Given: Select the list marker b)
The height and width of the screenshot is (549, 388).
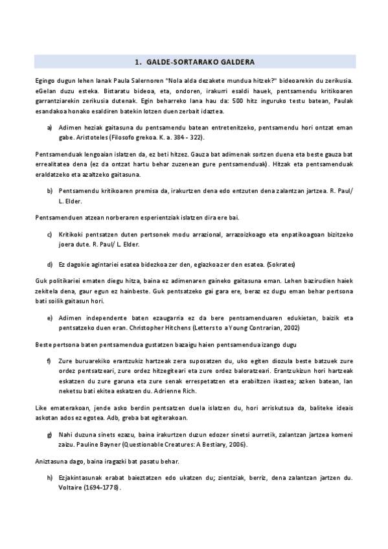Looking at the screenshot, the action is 50,191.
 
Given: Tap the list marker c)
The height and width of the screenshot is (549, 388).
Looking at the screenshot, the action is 50,232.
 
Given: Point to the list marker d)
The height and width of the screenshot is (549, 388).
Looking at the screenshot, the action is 50,264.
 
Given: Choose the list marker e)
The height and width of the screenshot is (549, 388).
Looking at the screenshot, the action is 50,319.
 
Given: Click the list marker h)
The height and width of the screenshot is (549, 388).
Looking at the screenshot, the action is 50,478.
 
